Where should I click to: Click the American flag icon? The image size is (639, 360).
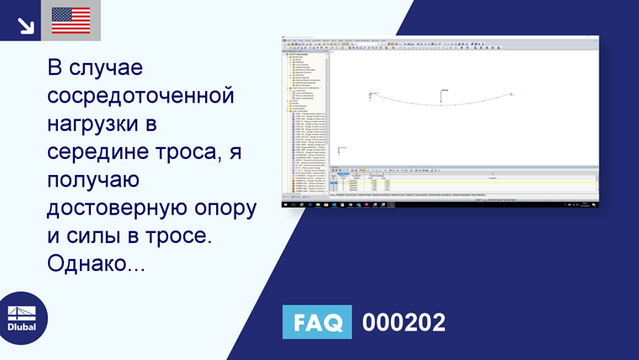pyautogui.click(x=71, y=19)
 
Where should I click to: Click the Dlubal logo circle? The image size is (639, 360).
pyautogui.click(x=22, y=317)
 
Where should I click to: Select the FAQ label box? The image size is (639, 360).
pyautogui.click(x=317, y=322)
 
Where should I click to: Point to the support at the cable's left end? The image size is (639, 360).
pyautogui.click(x=370, y=95)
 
